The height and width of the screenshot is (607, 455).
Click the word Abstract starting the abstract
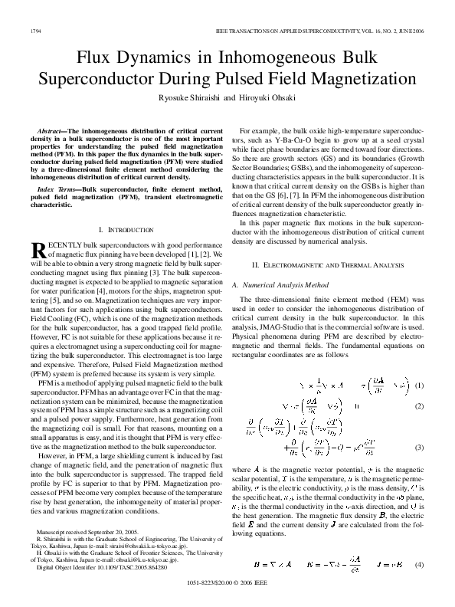pyautogui.click(x=52, y=133)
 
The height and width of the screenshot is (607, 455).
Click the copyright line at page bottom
pyautogui.click(x=227, y=582)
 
